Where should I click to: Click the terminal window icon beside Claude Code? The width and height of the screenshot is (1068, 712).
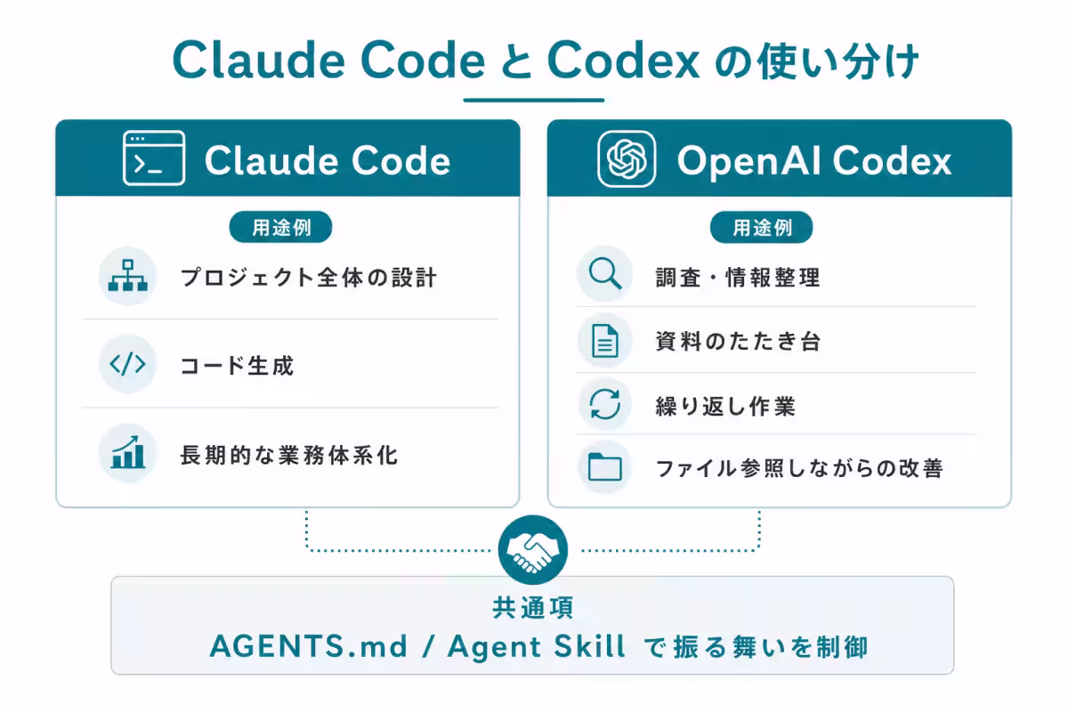(x=153, y=158)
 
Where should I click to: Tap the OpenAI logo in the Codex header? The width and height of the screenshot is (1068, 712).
(x=627, y=158)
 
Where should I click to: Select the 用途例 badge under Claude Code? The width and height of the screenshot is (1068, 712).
(x=281, y=227)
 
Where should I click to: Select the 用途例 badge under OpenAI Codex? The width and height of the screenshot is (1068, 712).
(x=762, y=227)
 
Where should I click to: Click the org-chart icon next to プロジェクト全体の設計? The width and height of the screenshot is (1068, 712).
(x=128, y=276)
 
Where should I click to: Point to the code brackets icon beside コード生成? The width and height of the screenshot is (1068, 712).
(x=127, y=364)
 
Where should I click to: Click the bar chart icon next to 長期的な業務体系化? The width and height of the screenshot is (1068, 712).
(x=128, y=452)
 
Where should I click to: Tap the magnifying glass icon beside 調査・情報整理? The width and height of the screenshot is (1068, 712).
(x=605, y=274)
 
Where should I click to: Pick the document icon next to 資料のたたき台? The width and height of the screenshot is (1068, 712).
(x=604, y=341)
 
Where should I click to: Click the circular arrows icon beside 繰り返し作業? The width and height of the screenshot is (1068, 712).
(x=604, y=404)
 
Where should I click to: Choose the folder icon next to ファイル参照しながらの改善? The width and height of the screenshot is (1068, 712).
(x=604, y=466)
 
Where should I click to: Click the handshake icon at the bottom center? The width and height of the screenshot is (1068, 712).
(x=533, y=550)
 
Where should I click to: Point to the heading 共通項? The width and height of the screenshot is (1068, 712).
(x=533, y=608)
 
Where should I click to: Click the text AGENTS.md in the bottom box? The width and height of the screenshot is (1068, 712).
(x=309, y=646)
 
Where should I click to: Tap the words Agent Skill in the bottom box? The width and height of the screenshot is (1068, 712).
(x=537, y=647)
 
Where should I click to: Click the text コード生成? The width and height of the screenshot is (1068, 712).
(x=237, y=366)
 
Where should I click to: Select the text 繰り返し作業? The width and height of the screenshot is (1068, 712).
(x=725, y=407)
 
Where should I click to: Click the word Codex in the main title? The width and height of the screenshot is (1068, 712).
(x=623, y=61)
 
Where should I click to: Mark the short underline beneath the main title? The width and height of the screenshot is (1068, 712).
(x=533, y=101)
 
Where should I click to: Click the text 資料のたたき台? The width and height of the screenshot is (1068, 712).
(x=738, y=342)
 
